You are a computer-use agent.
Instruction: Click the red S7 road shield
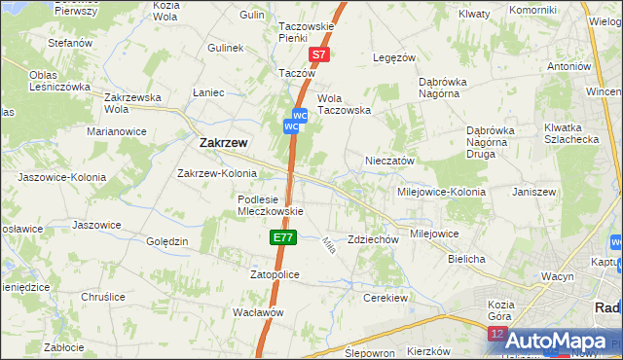(319, 56)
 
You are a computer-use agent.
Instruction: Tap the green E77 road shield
(281, 237)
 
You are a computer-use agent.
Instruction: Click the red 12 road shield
(497, 334)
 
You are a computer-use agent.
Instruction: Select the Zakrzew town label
(223, 142)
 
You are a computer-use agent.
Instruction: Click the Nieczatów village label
(390, 161)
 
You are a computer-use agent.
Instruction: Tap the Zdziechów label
(374, 239)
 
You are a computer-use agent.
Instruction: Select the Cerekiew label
(383, 298)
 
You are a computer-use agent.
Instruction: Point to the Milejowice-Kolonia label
(440, 192)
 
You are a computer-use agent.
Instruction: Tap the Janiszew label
(532, 192)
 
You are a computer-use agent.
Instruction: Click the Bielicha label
(466, 260)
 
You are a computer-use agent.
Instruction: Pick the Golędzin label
(165, 240)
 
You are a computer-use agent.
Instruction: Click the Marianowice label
(116, 130)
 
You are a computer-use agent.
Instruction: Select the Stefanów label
(70, 43)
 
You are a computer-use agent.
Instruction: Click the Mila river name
(329, 246)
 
